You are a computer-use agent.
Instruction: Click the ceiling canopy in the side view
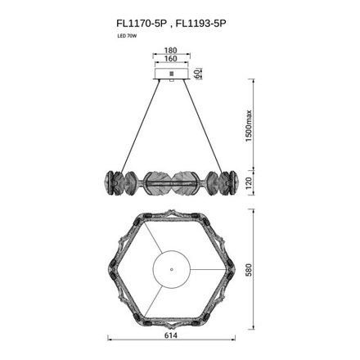tap(171, 74)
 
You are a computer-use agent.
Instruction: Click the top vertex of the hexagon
tap(171, 212)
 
